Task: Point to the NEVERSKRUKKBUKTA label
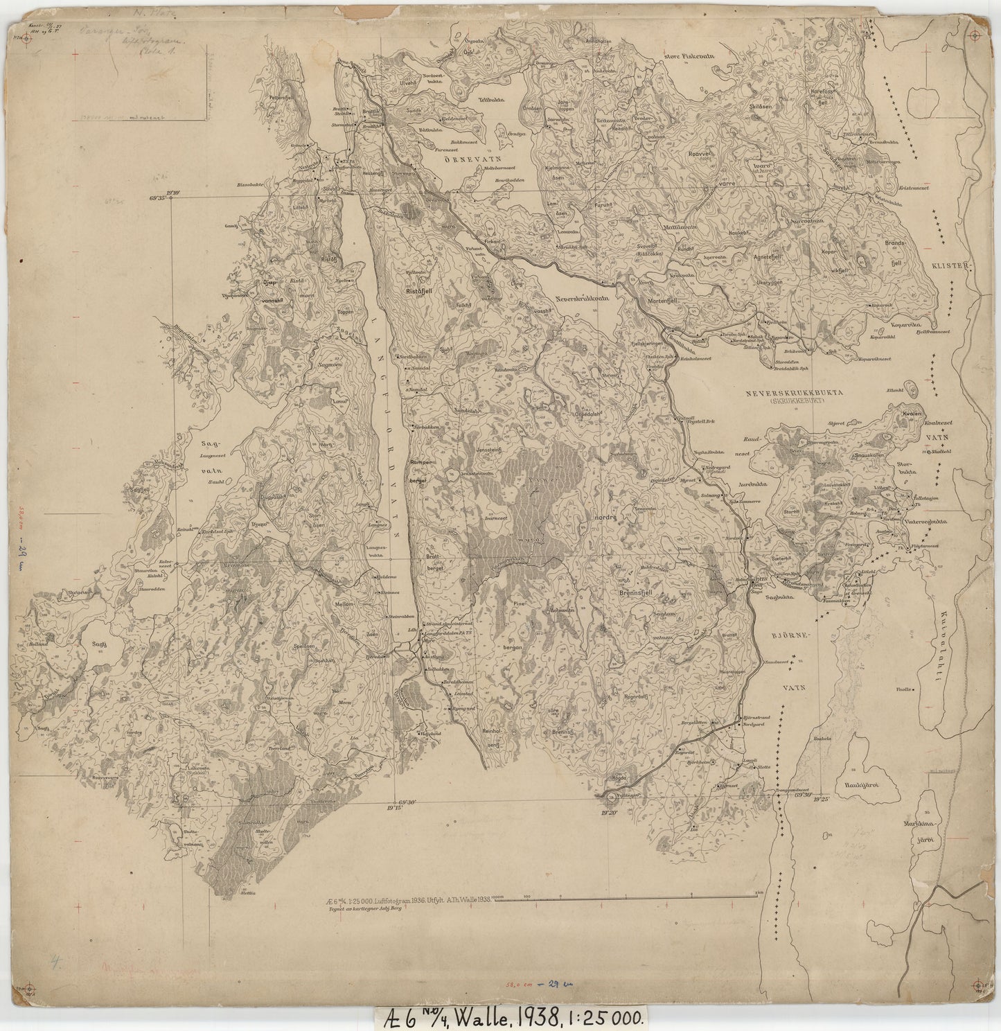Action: pyautogui.click(x=793, y=392)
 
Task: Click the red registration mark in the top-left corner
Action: pyautogui.click(x=27, y=39)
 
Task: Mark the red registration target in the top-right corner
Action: pyautogui.click(x=975, y=35)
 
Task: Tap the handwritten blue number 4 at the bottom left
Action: pyautogui.click(x=55, y=961)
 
